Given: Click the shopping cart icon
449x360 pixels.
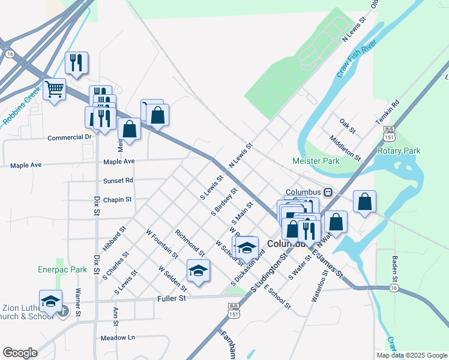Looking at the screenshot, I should point(55,90).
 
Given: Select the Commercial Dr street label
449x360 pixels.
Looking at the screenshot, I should point(70,137).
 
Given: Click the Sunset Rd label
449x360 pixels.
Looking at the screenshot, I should point(118,181).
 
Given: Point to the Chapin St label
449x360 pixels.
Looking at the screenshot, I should point(117,200).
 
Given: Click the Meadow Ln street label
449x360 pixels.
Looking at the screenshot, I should point(118,338).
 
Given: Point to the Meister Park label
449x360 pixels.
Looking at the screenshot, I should point(316,161).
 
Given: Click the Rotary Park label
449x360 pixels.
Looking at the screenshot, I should point(399,151).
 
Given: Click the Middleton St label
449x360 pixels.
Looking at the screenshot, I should point(345,148).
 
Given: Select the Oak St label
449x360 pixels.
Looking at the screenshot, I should point(348,127).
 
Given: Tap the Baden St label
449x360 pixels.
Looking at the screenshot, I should point(395,270).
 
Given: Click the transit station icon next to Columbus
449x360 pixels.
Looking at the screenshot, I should point(328,192).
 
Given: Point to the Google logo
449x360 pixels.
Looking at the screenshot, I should point(20,353).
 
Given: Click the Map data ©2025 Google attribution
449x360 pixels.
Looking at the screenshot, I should point(411,355).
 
